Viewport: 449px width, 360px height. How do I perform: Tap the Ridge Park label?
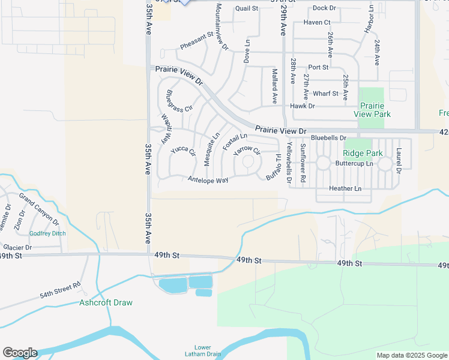coord(363,153)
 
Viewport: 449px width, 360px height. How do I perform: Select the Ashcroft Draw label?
coord(106,302)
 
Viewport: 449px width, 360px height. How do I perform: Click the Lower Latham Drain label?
coord(203,351)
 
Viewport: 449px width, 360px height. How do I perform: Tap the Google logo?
coord(20,353)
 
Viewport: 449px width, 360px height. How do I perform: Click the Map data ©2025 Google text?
coord(411,355)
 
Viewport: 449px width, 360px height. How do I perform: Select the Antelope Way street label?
coord(208,179)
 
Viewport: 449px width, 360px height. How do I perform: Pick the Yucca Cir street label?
coord(183,151)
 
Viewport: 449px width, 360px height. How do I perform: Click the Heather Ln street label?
coord(345,188)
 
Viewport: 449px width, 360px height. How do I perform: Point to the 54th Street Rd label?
coord(60,290)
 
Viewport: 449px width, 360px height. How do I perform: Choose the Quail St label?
coord(246,8)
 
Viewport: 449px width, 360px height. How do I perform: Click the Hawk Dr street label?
coord(302,106)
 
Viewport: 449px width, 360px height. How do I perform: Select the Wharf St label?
coord(325,94)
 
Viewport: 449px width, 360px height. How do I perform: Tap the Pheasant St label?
coord(196,41)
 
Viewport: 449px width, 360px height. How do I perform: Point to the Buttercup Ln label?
coord(354,163)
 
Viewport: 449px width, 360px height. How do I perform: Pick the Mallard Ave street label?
coord(274,86)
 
